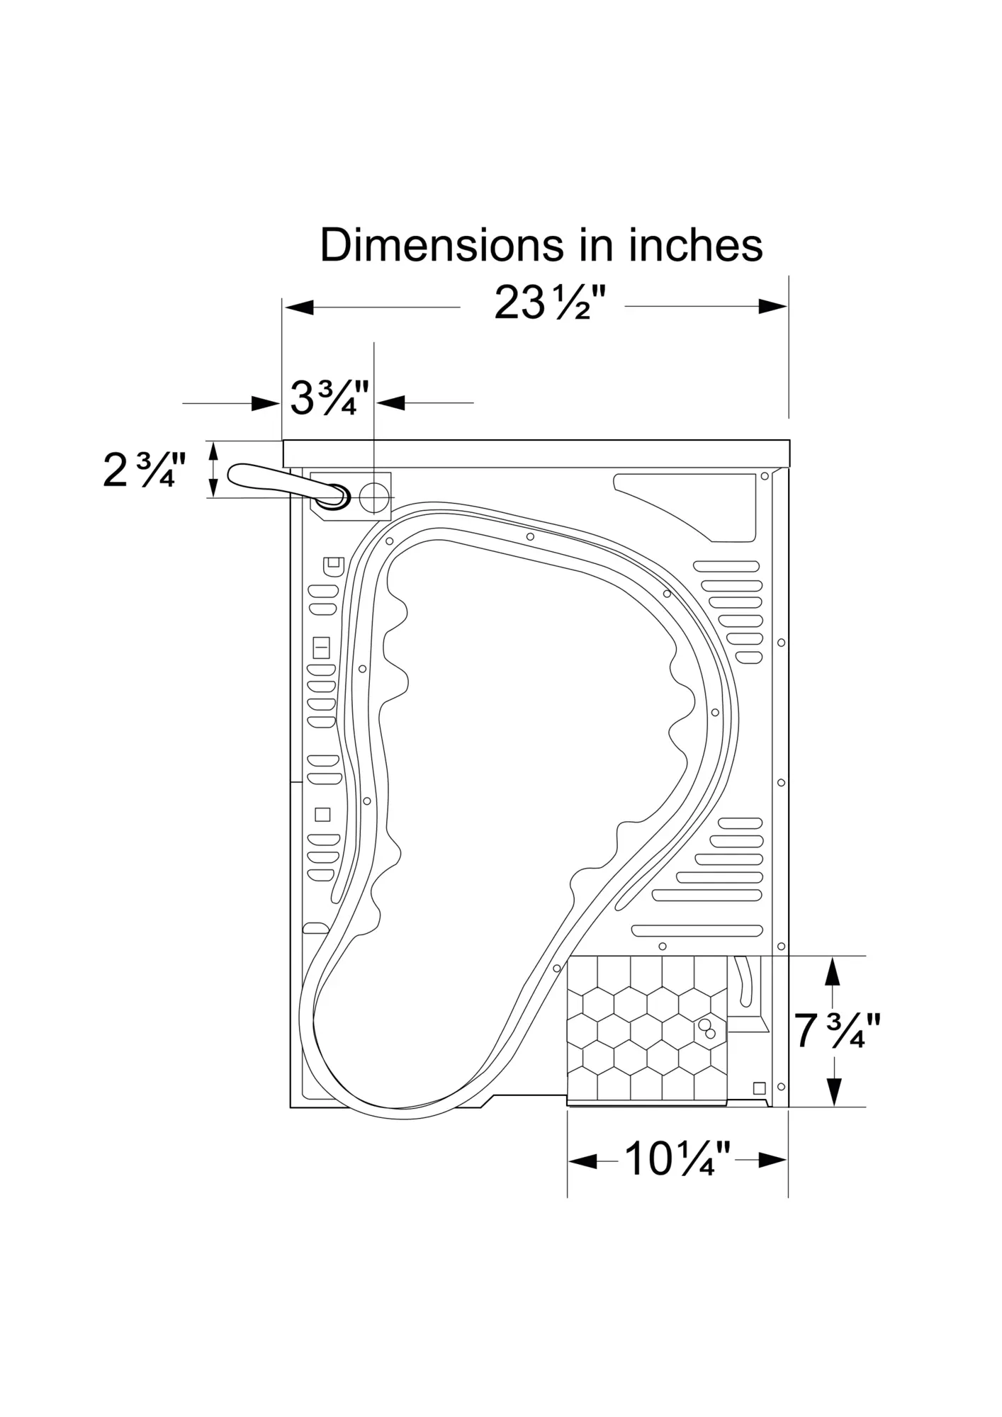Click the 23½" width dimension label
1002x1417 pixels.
pyautogui.click(x=551, y=304)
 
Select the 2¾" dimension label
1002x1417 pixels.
pyautogui.click(x=145, y=470)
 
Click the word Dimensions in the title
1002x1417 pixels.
pyautogui.click(x=441, y=245)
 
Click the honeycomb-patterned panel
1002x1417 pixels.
pyautogui.click(x=647, y=1029)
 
